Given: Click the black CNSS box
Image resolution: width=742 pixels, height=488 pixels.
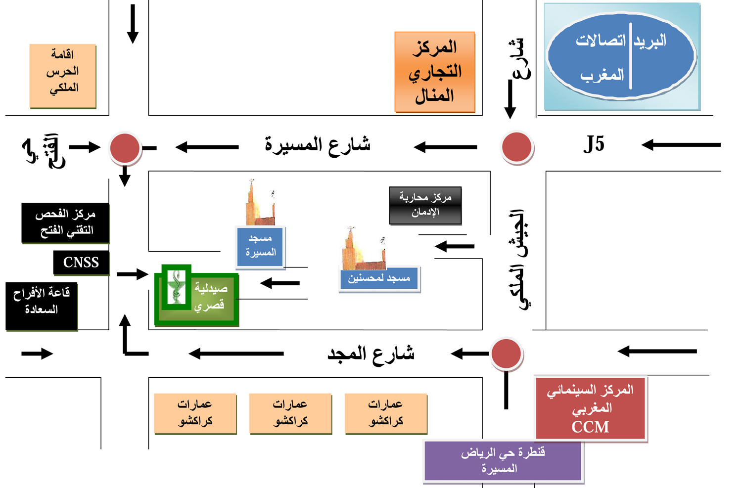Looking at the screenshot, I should tap(81, 263).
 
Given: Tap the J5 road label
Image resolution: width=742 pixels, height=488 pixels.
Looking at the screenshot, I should tap(594, 144).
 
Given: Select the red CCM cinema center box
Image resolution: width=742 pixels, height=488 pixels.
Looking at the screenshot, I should tap(591, 408).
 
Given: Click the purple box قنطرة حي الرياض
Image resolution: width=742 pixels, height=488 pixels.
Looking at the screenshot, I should tap(503, 460).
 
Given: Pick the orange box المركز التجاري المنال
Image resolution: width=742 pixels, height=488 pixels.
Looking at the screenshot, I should tap(435, 72).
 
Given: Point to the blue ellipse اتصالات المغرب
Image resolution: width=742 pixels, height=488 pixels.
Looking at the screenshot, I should tap(621, 57).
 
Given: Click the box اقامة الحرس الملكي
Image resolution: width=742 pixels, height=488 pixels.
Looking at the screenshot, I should tap(62, 76).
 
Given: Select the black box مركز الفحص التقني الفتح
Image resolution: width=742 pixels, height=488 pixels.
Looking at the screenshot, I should tap(65, 222).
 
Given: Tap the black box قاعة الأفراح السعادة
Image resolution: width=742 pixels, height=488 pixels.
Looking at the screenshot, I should tap(42, 306).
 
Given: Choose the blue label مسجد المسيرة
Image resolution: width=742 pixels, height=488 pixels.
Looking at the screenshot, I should tap(261, 246).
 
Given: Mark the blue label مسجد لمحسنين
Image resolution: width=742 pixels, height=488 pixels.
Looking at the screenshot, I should tap(379, 279).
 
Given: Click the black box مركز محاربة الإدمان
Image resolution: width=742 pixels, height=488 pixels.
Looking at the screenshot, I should tap(425, 205).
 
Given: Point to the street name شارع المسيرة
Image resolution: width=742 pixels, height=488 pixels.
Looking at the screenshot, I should tap(318, 145).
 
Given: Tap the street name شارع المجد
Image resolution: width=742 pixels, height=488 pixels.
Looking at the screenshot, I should tap(371, 354).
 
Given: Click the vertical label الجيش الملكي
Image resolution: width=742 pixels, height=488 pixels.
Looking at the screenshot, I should tap(517, 260).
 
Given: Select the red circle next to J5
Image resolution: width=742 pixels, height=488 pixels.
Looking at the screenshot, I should tap(516, 147).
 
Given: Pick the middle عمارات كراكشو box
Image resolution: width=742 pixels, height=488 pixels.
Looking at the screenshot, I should tap(290, 413).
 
